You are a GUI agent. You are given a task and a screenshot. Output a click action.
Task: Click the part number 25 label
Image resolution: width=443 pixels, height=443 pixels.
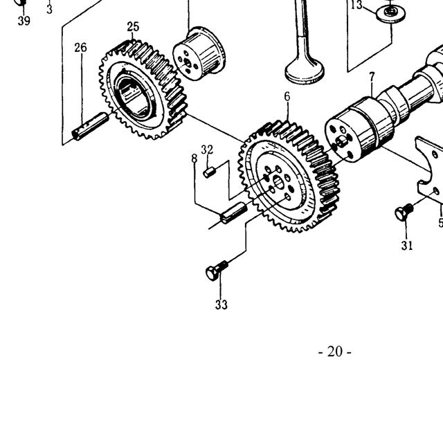133,27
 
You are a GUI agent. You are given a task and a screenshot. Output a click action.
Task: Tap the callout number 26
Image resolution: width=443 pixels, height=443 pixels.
80,48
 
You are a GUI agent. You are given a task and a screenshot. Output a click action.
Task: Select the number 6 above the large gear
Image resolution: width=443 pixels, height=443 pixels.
287,97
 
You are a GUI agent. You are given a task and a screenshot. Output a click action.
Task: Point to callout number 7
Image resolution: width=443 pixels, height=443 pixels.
372,77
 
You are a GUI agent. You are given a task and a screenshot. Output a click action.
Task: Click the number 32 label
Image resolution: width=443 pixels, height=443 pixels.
207,150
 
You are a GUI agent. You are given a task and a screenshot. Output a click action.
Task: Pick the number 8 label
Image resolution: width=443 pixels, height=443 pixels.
194,159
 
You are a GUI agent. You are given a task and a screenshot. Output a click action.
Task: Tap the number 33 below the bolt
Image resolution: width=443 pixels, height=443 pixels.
221,305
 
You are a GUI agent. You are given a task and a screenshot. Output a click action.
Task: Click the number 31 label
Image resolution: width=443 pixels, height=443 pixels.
407,246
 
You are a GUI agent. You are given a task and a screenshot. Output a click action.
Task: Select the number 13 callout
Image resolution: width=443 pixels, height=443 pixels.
356,5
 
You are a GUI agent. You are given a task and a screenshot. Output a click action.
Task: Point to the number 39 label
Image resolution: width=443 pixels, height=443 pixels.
24,21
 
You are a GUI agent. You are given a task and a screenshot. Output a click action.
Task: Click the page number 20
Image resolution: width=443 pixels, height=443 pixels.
335,352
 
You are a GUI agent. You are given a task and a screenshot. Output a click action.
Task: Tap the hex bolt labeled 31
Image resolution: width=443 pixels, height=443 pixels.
404,212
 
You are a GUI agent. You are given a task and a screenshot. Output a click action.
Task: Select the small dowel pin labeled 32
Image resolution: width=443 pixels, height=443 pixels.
209,172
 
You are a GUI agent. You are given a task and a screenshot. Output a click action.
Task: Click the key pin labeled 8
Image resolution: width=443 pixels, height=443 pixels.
233,213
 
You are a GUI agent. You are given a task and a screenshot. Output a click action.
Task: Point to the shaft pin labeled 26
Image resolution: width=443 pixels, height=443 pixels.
90,126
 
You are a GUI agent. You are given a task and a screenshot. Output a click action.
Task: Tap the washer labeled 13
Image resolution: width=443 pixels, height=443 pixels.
390,13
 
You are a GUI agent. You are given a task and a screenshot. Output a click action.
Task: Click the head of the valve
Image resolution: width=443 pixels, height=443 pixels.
305,73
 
